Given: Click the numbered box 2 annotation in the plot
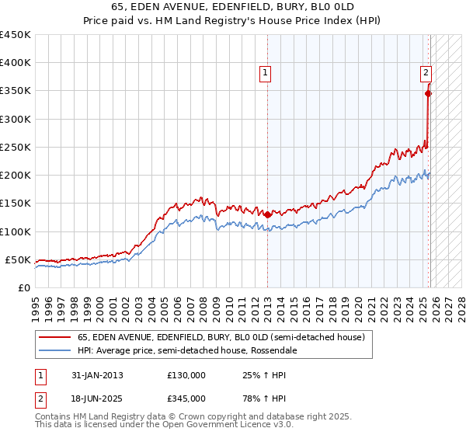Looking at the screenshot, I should coord(426,73).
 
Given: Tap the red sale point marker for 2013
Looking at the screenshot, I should coord(267,214).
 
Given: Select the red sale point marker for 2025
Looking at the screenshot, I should coord(428,93).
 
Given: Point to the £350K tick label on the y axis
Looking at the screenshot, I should coord(16,91).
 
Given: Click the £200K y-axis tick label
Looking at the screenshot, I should coord(16,175).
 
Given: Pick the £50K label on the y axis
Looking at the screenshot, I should coord(19,259).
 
